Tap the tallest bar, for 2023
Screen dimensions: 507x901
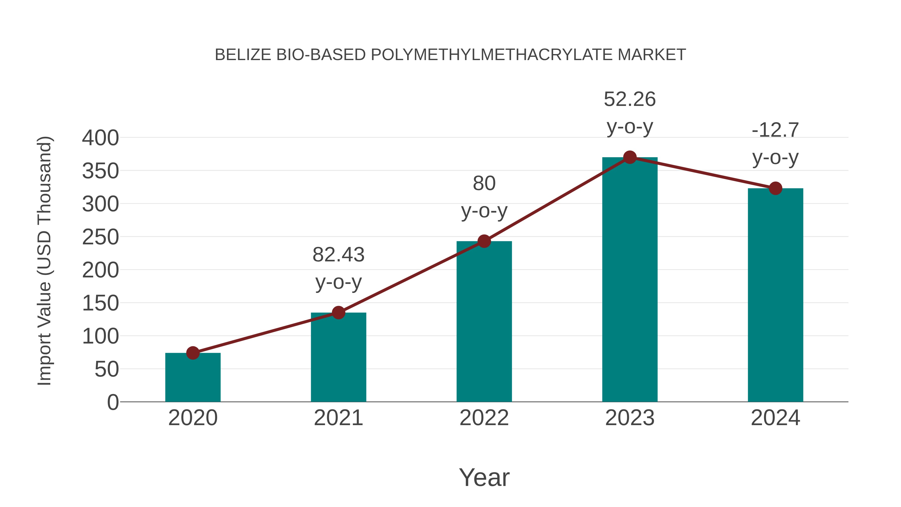click(630, 280)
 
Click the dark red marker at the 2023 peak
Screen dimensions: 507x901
click(630, 157)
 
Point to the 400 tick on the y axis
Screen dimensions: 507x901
click(100, 138)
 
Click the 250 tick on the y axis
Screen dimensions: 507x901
click(100, 237)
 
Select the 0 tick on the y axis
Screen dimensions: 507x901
click(113, 402)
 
